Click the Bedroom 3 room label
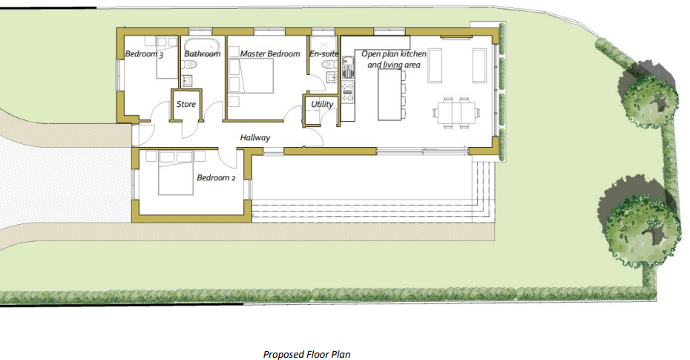[x=143, y=54]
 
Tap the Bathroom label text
[x=202, y=54]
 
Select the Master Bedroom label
[x=269, y=54]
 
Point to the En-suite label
[x=323, y=54]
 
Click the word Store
[x=186, y=105]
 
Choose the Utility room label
[x=322, y=105]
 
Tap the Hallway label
[x=254, y=138]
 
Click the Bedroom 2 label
[x=216, y=178]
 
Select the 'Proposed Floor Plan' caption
[x=306, y=355]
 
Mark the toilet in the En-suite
[x=328, y=66]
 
